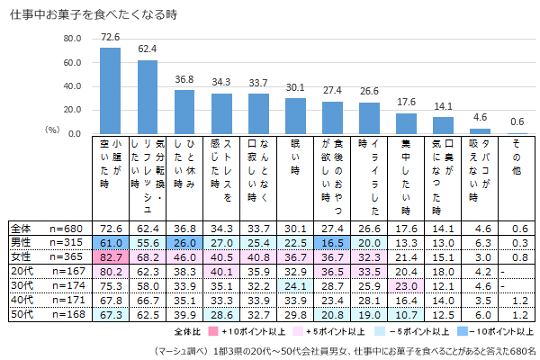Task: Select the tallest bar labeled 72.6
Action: [110, 89]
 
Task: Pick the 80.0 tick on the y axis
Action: [72, 39]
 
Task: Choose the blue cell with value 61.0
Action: [111, 241]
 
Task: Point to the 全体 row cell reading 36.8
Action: [184, 228]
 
